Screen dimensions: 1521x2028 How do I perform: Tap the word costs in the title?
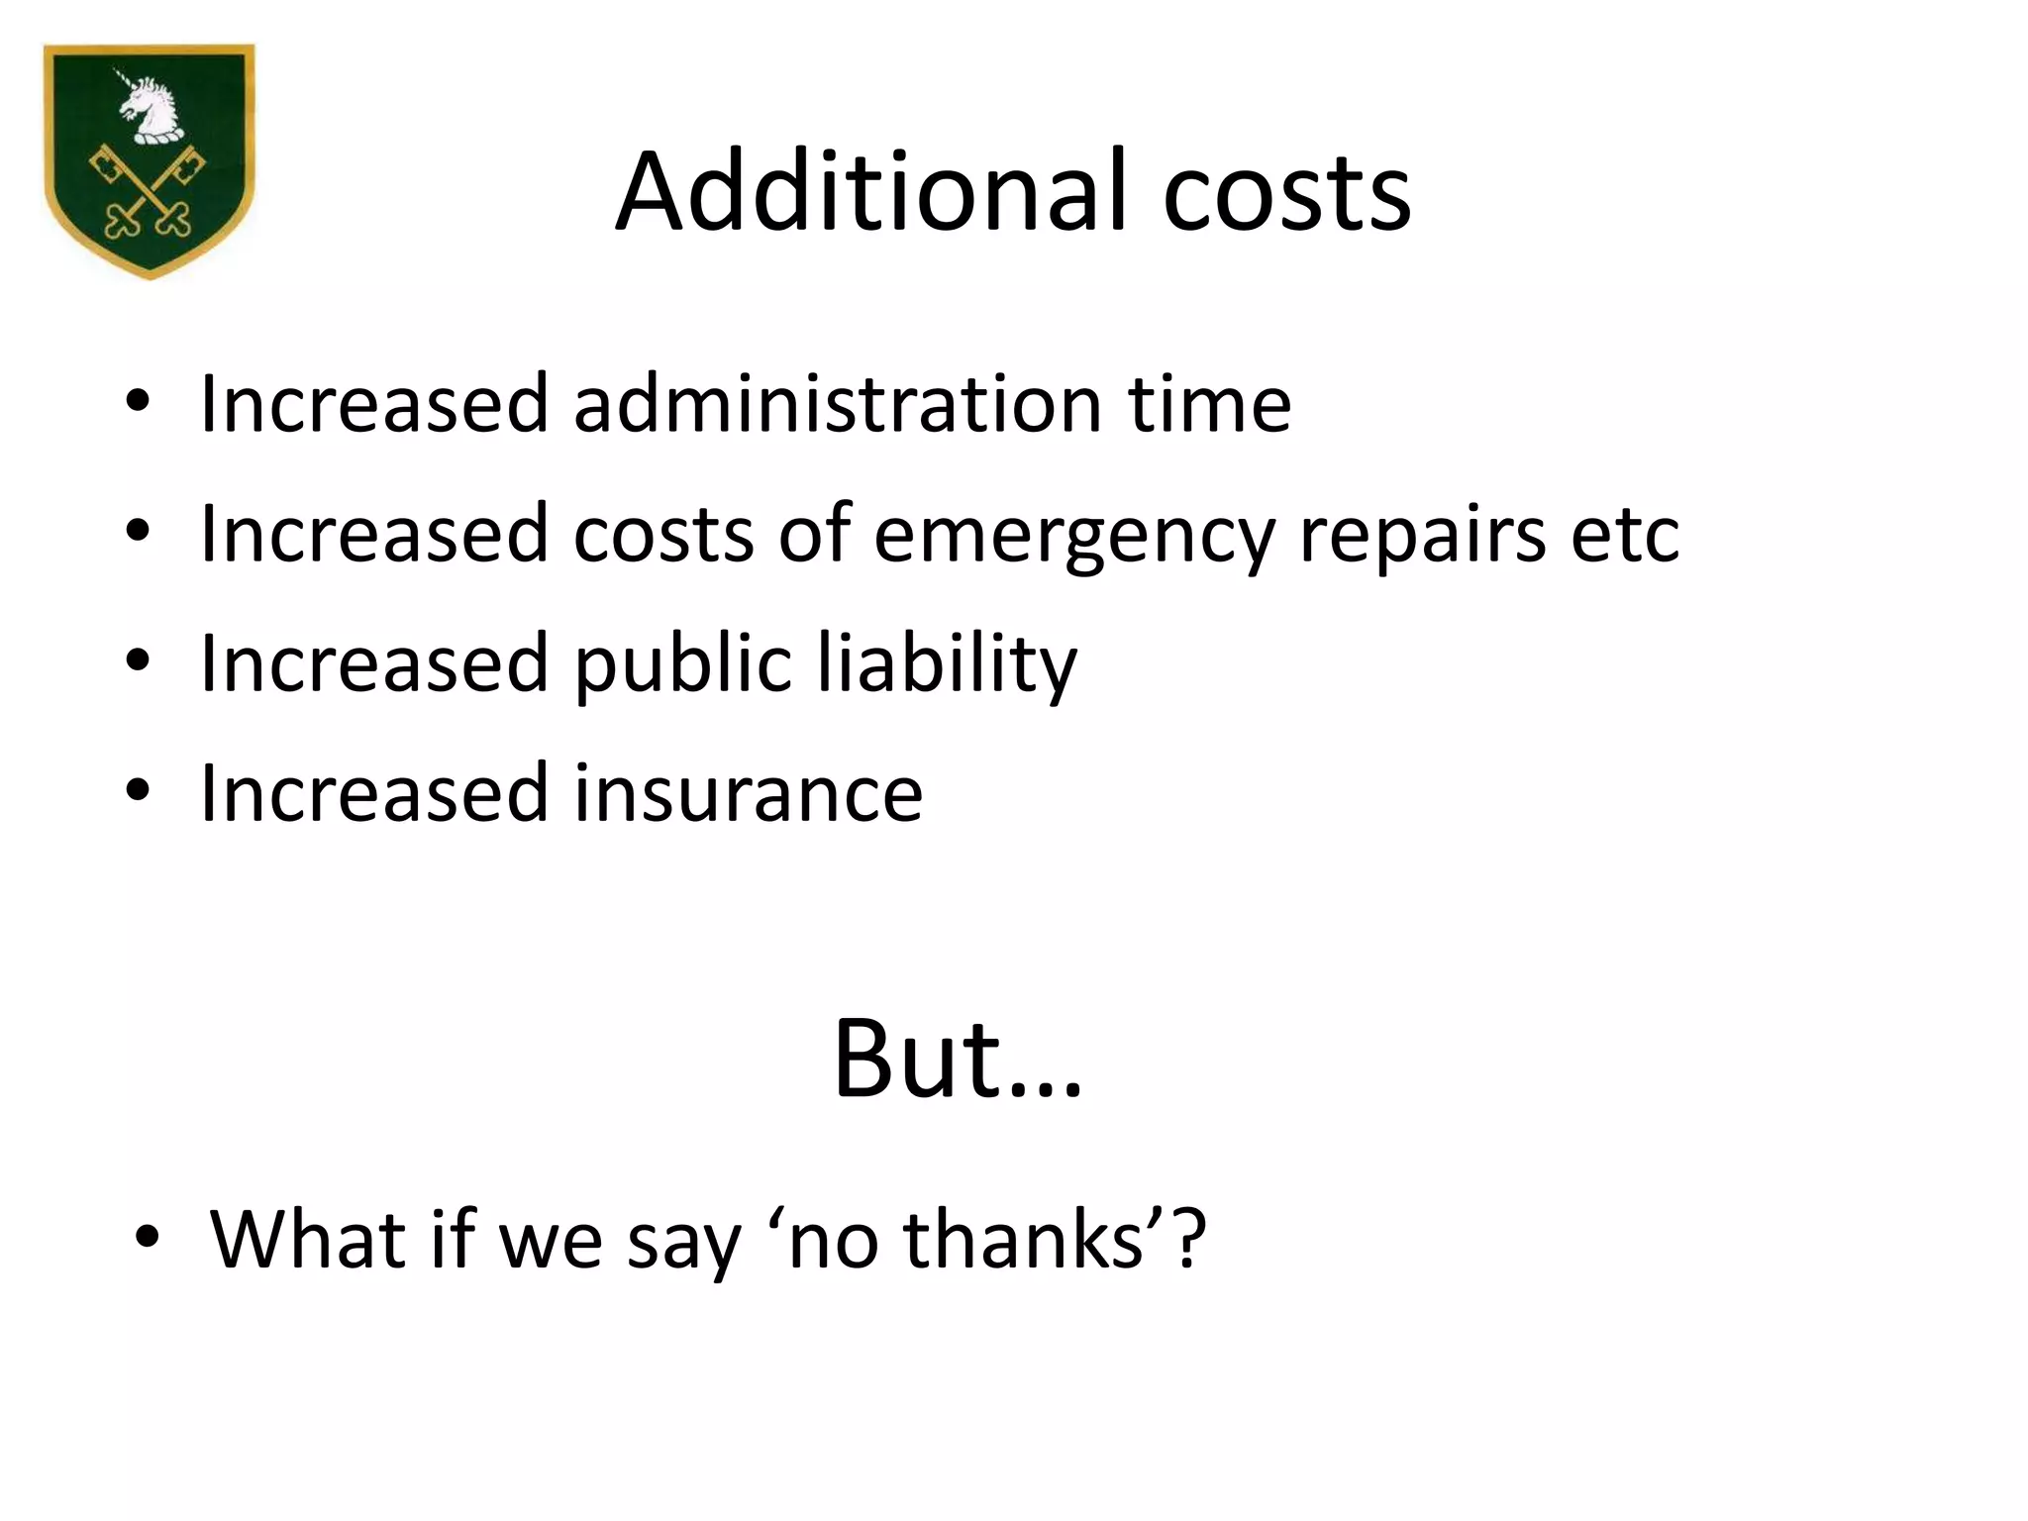click(1286, 193)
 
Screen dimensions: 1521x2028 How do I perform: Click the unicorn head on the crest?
click(151, 104)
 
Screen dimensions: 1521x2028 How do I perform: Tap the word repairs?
click(1422, 535)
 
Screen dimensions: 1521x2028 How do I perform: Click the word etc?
click(1625, 535)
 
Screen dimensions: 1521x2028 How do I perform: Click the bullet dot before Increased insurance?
click(138, 790)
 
